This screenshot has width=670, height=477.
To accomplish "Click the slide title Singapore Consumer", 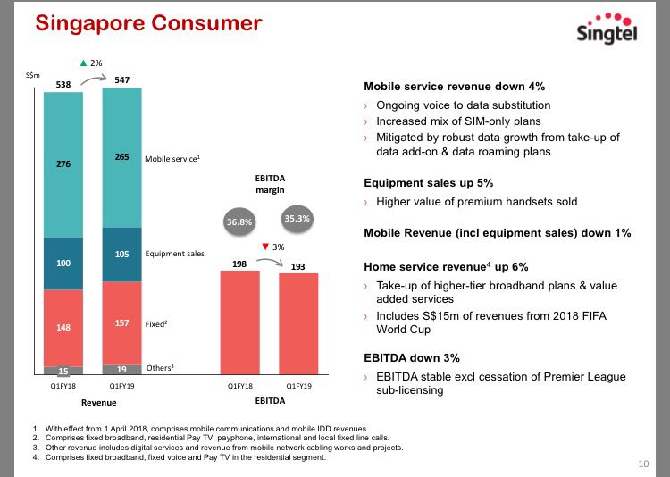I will coord(148,23).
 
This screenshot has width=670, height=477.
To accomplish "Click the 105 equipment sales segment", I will coord(121,254).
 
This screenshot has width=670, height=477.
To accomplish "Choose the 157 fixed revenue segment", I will coord(121,323).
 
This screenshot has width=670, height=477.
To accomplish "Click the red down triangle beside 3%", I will coord(265,247).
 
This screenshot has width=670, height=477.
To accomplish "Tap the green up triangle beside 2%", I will coord(84,63).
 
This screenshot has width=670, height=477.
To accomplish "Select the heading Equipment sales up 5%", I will coord(428,182).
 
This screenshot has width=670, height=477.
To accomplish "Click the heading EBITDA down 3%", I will coord(412,357).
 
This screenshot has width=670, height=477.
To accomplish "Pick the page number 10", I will coord(643,464).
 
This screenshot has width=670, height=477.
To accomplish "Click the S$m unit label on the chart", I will coord(30,76).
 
